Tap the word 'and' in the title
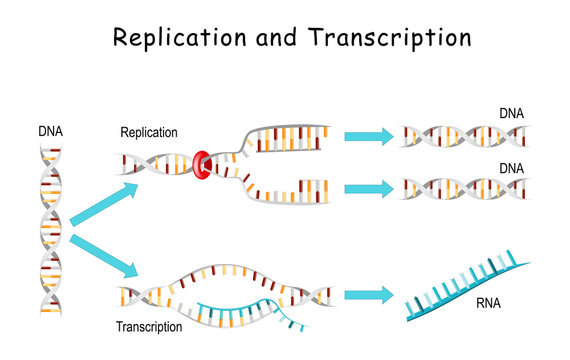coord(269,39)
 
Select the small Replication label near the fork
coord(148,132)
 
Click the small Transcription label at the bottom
coord(149,326)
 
